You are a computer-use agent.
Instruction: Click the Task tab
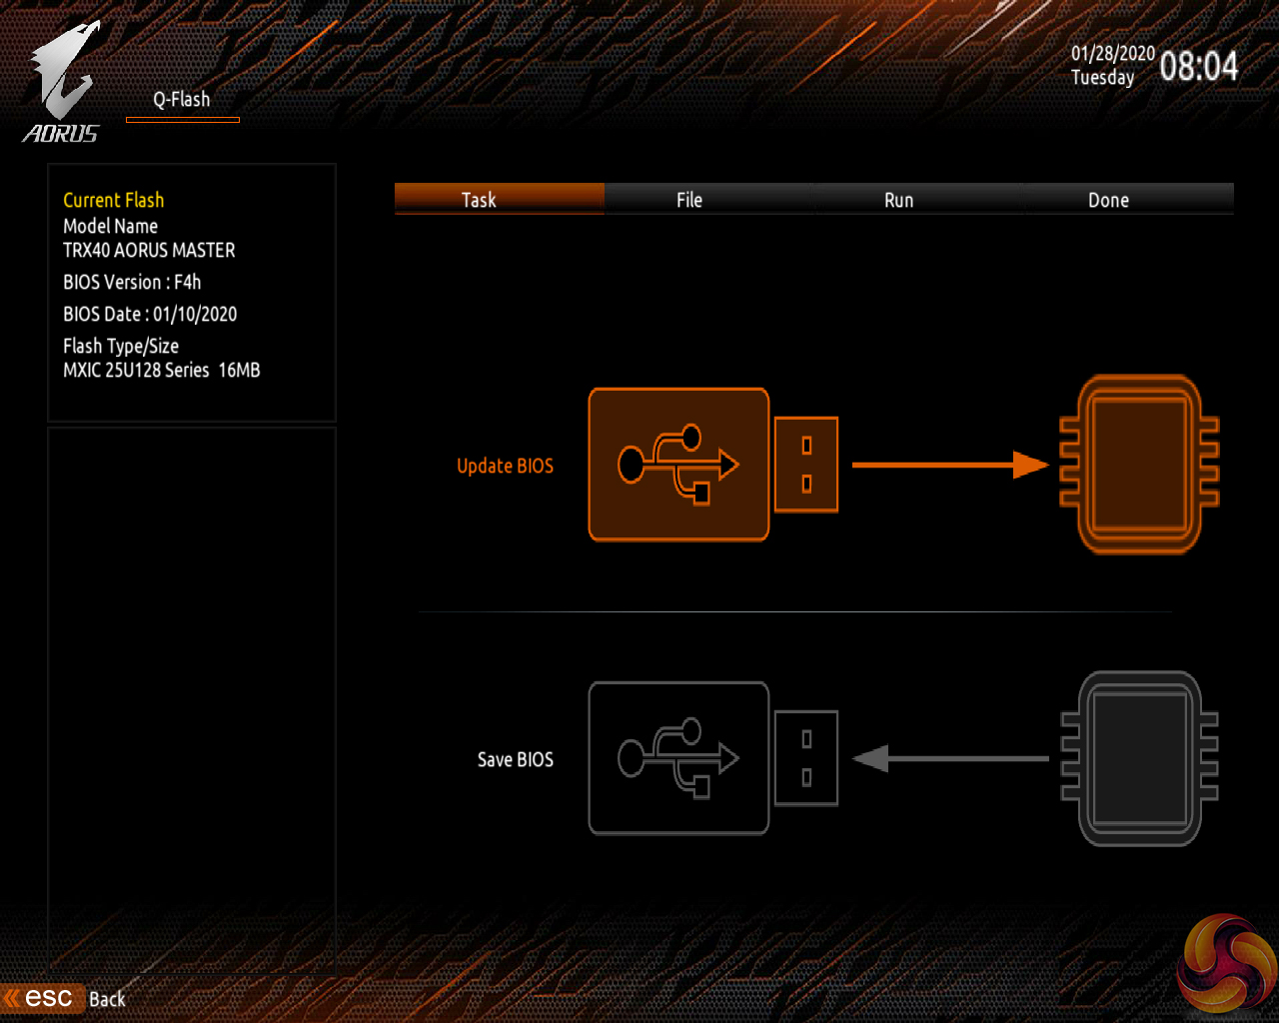click(480, 200)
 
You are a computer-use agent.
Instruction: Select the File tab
click(689, 200)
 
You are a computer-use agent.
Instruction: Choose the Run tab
click(899, 200)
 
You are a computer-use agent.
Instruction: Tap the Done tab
click(1108, 200)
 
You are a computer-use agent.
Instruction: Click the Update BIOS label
click(505, 466)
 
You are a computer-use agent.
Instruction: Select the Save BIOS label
click(515, 759)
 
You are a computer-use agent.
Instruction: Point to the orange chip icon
click(1139, 465)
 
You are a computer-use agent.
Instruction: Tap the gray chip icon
click(1139, 758)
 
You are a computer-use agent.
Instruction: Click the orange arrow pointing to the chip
click(949, 465)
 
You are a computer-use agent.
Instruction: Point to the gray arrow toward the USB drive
click(949, 759)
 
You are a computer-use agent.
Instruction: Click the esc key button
click(47, 998)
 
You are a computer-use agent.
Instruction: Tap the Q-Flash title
click(182, 100)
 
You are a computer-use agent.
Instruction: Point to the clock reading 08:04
click(1198, 67)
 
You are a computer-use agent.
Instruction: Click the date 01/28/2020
click(1112, 54)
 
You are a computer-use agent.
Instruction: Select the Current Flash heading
click(113, 200)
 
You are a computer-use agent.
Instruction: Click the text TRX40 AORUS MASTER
click(149, 250)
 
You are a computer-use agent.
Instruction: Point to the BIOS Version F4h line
click(132, 282)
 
